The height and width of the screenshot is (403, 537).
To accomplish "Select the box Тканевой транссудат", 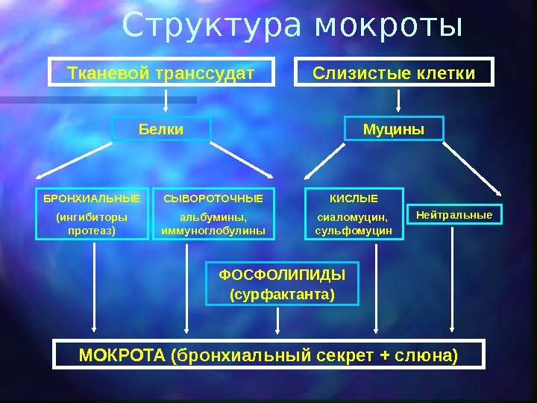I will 161,74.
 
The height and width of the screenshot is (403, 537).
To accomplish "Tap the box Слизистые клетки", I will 395,74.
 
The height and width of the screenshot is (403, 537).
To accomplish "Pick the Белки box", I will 161,130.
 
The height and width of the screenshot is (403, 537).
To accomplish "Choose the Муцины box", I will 394,130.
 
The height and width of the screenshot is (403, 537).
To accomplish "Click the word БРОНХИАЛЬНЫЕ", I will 92,199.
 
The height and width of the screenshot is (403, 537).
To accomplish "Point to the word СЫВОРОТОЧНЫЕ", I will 213,199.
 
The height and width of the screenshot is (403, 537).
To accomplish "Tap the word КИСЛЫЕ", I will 354,199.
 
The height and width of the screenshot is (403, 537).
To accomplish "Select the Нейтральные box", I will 454,215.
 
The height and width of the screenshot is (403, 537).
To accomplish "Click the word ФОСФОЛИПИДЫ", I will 282,274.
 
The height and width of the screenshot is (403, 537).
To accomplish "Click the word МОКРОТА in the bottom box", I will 122,354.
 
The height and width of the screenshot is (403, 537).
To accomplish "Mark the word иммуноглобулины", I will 213,231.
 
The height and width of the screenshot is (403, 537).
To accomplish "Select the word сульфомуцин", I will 354,231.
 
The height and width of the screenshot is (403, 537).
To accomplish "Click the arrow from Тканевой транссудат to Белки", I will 167,99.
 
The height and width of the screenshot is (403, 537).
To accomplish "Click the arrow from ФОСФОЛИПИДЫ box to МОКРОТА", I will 279,321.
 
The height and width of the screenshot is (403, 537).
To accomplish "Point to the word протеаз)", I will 92,231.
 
